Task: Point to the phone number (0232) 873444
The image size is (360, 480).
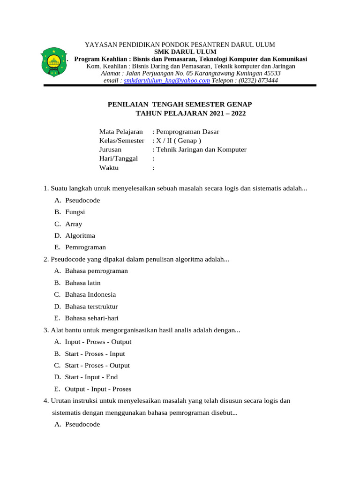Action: coord(258,80)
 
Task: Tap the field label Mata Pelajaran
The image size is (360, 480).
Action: coord(120,132)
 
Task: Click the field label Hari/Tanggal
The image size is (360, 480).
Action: coord(118,158)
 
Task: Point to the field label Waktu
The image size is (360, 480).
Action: coord(109,167)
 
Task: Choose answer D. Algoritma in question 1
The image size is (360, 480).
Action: coord(80,235)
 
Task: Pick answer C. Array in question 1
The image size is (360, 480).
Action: coord(74,224)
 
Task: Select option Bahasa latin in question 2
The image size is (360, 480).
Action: coord(82,283)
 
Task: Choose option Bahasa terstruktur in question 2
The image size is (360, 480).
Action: coord(91,306)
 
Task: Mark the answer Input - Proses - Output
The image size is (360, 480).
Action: coord(98,342)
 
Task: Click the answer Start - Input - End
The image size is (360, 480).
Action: coord(91,377)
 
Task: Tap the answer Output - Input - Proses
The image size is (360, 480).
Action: coord(98,389)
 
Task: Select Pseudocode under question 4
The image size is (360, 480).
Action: coord(82,424)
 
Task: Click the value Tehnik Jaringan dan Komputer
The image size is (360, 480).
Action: coord(201,150)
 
